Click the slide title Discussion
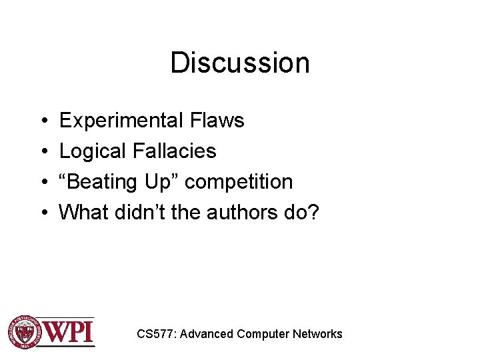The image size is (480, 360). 240,63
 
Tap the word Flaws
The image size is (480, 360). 217,121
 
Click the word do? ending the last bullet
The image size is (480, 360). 303,213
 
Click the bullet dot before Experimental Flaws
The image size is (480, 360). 43,121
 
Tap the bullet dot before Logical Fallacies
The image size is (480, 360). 43,152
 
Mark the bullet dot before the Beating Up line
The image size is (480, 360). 43,183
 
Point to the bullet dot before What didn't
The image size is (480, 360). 43,213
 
